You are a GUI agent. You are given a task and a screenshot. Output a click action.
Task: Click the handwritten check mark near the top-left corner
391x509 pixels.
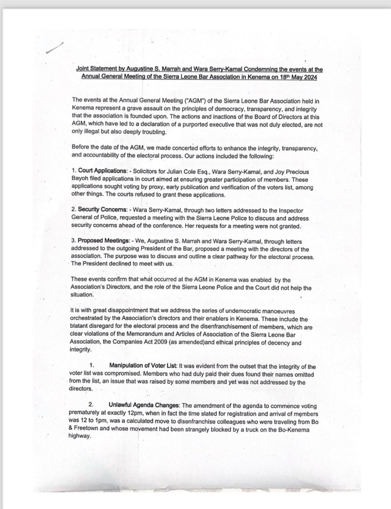pyautogui.click(x=55, y=47)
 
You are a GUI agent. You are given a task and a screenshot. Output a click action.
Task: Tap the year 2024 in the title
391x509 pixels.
pyautogui.click(x=308, y=76)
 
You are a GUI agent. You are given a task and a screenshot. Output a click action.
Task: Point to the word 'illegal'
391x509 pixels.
pyautogui.click(x=92, y=131)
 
